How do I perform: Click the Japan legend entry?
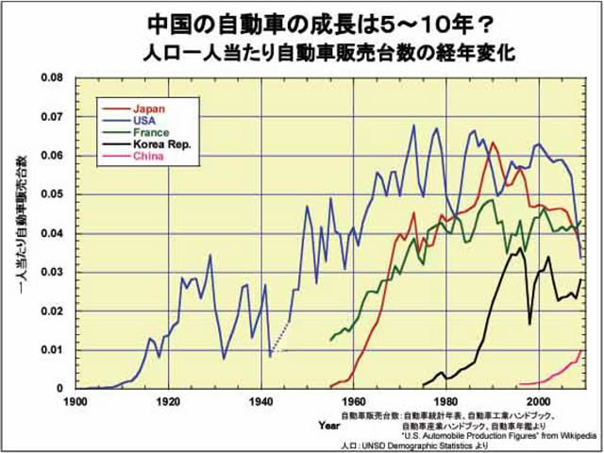pos(149,109)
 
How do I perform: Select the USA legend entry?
pos(145,121)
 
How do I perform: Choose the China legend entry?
pos(148,158)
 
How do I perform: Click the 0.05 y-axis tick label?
pos(53,193)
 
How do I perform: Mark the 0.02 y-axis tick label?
pos(53,310)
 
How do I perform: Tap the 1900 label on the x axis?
pos(76,400)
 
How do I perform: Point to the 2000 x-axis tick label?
pos(538,400)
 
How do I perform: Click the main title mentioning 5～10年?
pos(302,21)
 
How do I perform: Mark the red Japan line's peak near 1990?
pos(493,143)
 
